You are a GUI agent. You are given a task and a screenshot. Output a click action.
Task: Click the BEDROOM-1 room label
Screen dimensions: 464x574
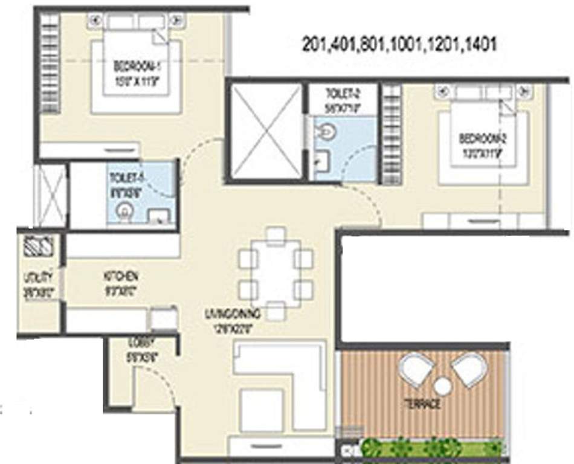[x=135, y=65]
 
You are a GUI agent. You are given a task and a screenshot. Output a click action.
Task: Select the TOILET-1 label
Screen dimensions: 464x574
[x=125, y=179]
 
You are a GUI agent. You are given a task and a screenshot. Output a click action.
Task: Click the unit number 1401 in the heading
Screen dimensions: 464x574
[x=480, y=45]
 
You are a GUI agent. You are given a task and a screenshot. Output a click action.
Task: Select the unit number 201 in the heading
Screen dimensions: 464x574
[x=312, y=45]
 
